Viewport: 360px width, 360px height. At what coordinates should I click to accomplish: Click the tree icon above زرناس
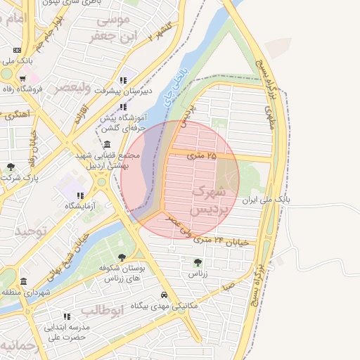[x=196, y=262]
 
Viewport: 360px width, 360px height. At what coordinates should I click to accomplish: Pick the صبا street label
[x=227, y=286]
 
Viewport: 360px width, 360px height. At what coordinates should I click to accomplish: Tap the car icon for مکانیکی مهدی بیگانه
[x=164, y=295]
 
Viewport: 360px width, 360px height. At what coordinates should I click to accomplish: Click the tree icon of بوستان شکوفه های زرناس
[x=122, y=257]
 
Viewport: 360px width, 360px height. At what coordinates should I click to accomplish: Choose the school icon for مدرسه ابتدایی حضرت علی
[x=67, y=316]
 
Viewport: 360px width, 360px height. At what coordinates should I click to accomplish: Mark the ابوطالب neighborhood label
[x=102, y=309]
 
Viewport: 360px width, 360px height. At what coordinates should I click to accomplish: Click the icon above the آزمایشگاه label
[x=80, y=195]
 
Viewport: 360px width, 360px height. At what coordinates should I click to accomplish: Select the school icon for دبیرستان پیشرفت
[x=124, y=80]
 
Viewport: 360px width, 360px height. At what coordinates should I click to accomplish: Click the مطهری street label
[x=269, y=117]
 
